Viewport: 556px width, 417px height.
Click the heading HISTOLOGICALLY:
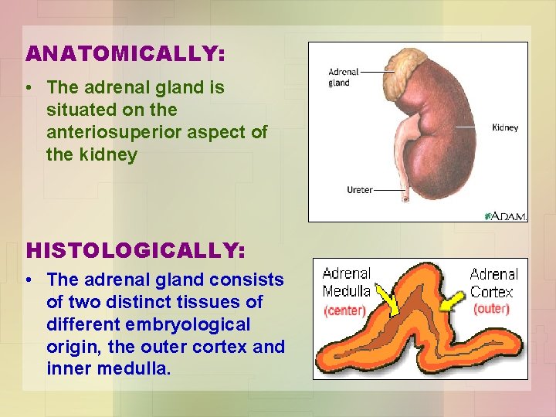(135, 251)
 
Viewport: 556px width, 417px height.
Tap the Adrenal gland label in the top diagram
(339, 77)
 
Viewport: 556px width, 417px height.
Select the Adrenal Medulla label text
(346, 282)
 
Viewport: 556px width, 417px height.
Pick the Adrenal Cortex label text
(492, 283)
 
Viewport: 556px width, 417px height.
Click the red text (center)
(345, 310)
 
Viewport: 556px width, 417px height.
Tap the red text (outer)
(491, 309)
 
